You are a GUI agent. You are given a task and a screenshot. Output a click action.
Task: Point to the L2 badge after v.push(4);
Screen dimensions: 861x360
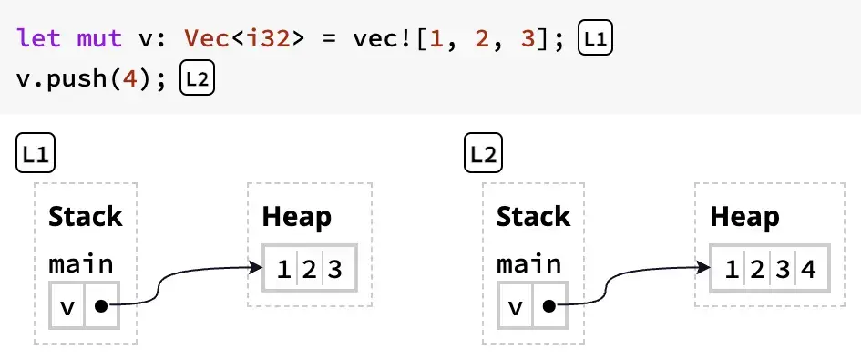[197, 78]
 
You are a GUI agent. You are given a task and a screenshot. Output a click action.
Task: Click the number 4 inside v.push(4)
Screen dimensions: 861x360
[137, 78]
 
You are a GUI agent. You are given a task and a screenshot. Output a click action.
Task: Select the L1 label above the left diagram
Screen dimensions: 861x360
[36, 153]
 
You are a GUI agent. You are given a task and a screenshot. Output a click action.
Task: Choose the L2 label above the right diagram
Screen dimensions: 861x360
[484, 153]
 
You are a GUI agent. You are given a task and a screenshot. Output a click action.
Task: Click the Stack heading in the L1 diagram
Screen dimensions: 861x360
[85, 217]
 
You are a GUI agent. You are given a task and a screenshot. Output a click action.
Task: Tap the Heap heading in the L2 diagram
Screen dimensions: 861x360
[744, 217]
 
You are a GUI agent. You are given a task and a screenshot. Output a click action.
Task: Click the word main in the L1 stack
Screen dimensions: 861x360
[81, 264]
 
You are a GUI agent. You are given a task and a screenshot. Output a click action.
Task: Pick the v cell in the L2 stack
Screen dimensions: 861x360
[515, 307]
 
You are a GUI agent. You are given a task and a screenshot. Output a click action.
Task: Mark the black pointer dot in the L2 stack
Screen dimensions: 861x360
[548, 306]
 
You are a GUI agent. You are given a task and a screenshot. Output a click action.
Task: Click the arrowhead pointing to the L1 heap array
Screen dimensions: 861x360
[256, 268]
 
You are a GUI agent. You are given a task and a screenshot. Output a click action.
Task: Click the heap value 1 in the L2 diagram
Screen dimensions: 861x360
[731, 270]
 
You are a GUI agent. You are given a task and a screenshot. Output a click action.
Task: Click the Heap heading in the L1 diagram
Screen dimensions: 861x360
[297, 217]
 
